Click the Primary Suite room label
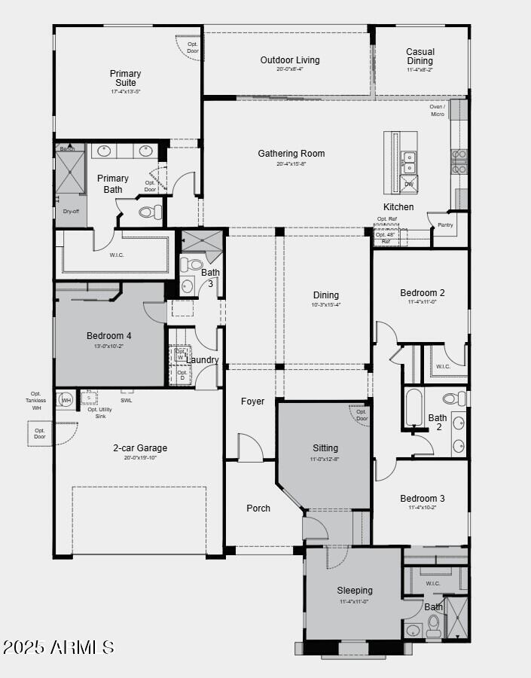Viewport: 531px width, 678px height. tap(126, 78)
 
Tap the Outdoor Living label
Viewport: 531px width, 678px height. tap(290, 60)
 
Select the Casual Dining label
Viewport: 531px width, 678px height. tap(420, 56)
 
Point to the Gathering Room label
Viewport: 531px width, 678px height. tap(291, 154)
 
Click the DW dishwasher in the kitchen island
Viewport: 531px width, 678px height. tap(409, 185)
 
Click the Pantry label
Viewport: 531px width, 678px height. tap(445, 224)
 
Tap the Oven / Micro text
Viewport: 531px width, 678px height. tap(437, 110)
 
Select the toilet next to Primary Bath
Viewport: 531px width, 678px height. tap(150, 212)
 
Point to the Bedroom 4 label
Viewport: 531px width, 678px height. tap(109, 335)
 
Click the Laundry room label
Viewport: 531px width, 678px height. tap(202, 360)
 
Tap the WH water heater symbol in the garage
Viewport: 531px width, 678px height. tap(66, 400)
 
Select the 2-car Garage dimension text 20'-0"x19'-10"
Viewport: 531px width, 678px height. tap(140, 457)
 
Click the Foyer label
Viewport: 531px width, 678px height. tap(252, 402)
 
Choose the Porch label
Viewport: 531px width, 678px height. tap(258, 508)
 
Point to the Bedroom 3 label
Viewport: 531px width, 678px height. tap(423, 499)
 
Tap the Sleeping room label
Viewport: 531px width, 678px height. tap(354, 591)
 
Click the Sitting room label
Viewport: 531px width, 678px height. tap(325, 448)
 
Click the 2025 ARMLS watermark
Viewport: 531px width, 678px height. tap(59, 647)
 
